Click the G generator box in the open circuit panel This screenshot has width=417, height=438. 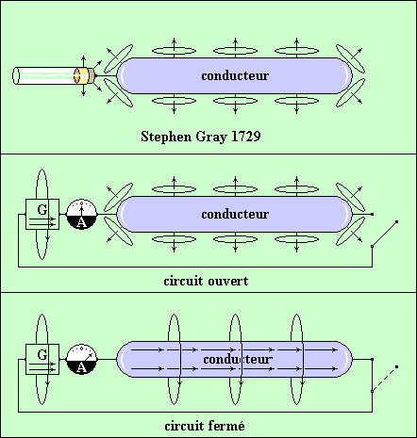click(x=42, y=214)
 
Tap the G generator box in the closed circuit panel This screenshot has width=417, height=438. click(x=42, y=359)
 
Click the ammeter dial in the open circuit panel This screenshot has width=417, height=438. click(x=82, y=214)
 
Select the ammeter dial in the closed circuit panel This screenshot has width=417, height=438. click(x=82, y=359)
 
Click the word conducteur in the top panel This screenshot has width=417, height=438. click(x=235, y=75)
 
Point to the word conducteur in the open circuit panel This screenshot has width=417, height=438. click(x=235, y=214)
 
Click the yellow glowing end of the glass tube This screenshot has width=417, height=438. click(x=82, y=75)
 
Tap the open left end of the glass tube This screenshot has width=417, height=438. click(x=16, y=75)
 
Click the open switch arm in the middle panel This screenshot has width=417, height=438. click(x=384, y=235)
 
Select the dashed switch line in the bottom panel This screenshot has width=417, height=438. click(x=384, y=379)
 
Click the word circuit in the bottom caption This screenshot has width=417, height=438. click(x=184, y=426)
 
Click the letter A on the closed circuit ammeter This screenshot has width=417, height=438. click(x=81, y=367)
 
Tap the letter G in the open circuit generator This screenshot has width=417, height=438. click(x=42, y=209)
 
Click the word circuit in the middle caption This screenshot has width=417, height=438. click(x=183, y=281)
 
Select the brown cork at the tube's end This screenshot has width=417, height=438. click(x=92, y=75)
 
